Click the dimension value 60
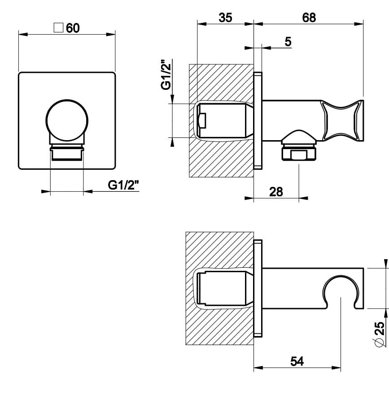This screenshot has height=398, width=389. [73, 28]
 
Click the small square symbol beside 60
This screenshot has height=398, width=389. [58, 27]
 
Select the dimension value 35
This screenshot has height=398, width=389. [225, 18]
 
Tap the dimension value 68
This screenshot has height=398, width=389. [309, 18]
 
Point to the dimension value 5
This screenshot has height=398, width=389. [288, 41]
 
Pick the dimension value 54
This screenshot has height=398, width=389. [297, 361]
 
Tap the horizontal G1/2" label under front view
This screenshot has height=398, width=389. [124, 185]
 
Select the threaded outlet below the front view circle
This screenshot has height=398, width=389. [67, 153]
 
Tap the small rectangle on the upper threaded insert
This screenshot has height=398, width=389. [202, 120]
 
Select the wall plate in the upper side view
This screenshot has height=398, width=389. [258, 120]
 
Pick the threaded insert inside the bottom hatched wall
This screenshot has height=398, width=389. [222, 288]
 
